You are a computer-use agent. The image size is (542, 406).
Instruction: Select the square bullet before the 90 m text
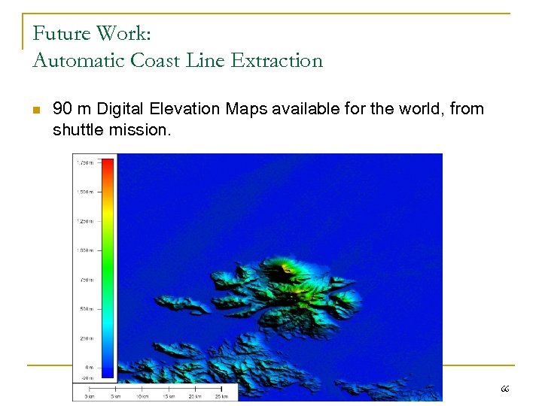[x=35, y=111]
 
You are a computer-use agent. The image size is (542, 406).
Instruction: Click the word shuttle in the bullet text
[x=77, y=130]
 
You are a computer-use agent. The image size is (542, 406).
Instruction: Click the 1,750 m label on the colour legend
[x=84, y=162]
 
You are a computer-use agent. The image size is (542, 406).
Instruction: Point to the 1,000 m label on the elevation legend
[x=84, y=250]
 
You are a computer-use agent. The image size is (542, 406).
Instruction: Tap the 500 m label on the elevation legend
[x=86, y=309]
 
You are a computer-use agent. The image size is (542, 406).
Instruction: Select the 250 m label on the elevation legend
[x=86, y=338]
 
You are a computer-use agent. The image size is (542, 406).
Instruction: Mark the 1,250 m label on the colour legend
[x=84, y=221]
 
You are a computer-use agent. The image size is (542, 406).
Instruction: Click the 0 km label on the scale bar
[x=90, y=396]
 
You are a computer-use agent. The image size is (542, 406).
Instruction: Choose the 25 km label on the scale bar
[x=221, y=396]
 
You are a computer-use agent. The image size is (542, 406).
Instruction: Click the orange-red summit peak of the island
[x=285, y=268]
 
